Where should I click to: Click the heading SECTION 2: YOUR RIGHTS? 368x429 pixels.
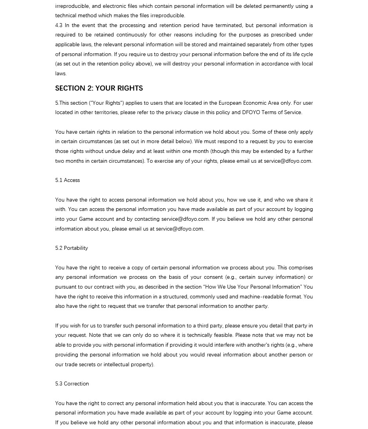99,88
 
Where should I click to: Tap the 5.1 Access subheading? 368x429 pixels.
67,180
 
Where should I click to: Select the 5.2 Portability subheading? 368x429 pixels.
71,248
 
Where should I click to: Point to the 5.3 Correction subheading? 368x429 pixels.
72,384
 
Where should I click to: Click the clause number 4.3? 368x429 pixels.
59,25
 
